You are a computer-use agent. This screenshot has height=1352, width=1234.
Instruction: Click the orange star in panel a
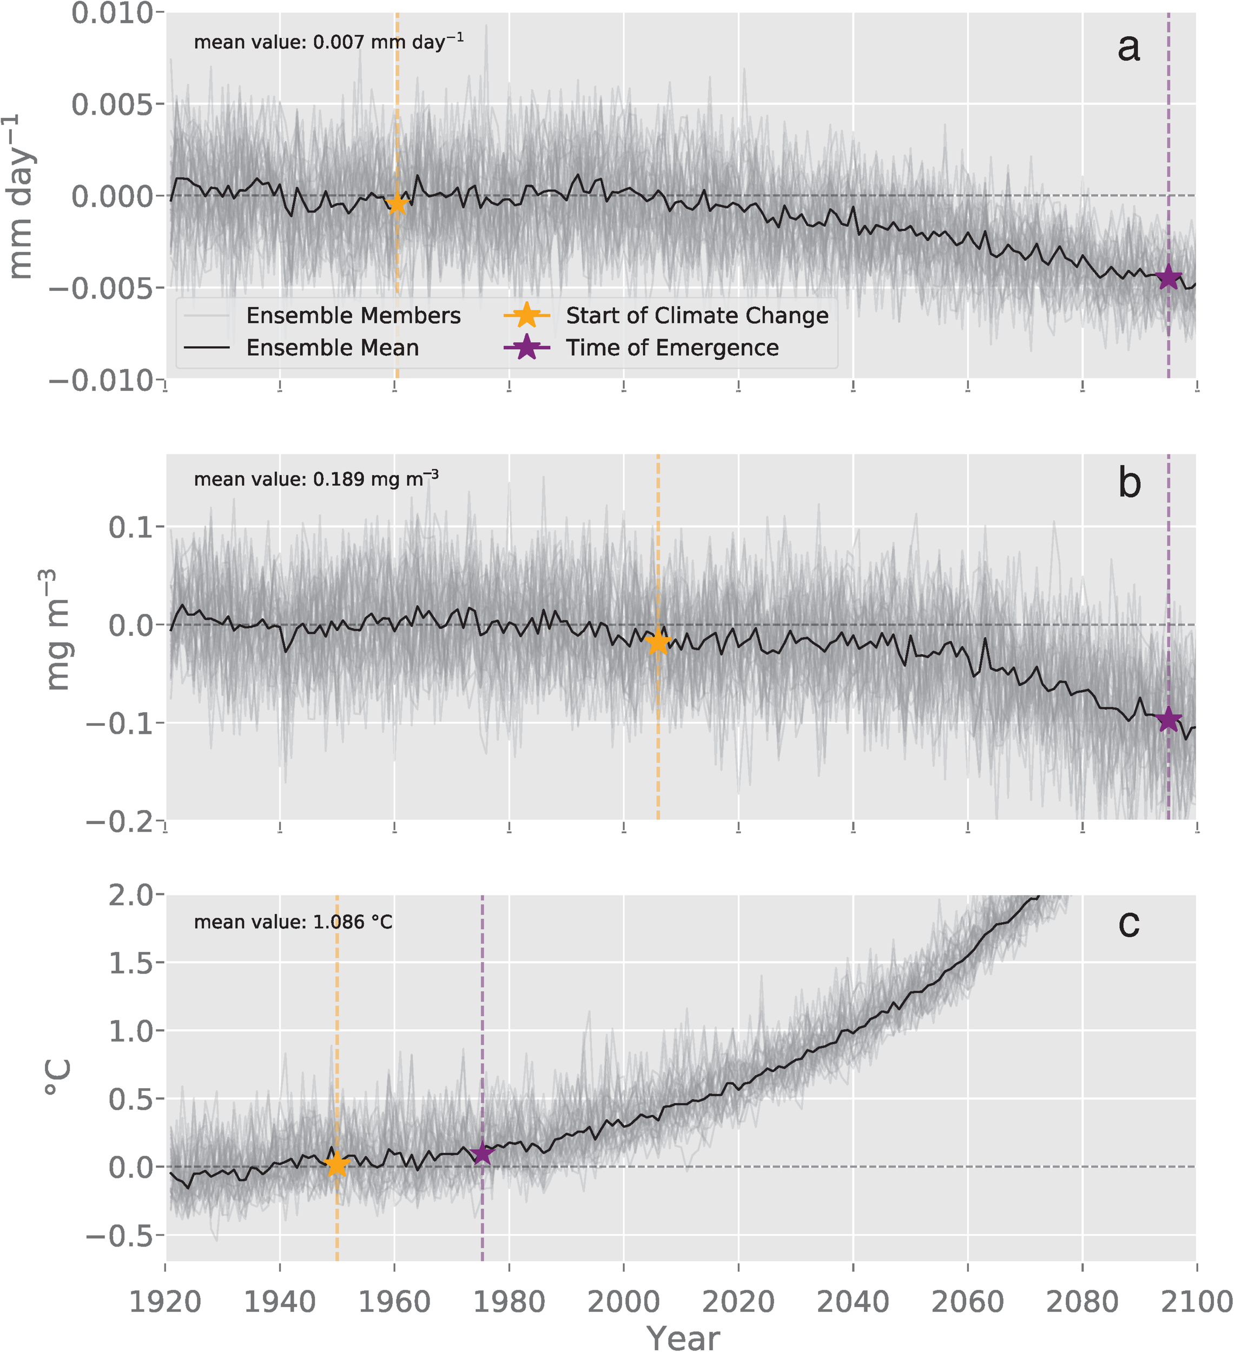(x=397, y=203)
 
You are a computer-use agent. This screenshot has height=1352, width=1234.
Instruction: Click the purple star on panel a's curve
(x=1168, y=277)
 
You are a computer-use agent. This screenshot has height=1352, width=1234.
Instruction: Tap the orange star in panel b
(x=658, y=642)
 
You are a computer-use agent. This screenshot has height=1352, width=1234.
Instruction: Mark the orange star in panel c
(x=337, y=1165)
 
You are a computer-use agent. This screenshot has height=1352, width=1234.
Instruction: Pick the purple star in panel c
(x=482, y=1154)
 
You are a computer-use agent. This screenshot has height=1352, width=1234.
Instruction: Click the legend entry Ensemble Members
(x=353, y=315)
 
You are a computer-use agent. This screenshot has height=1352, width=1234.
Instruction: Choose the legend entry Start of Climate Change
(x=696, y=315)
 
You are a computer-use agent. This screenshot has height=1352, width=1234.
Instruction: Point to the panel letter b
(x=1130, y=483)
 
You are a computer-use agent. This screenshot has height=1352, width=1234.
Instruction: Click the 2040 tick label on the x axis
(x=852, y=1302)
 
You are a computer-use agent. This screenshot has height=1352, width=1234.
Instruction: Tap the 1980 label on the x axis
(x=509, y=1302)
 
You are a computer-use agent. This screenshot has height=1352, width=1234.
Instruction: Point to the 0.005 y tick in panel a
(x=113, y=104)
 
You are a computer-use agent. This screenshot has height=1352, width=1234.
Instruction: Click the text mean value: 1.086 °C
(x=293, y=922)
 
